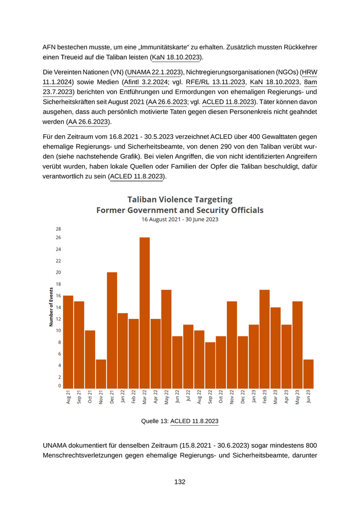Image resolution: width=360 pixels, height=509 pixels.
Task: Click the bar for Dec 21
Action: (112, 330)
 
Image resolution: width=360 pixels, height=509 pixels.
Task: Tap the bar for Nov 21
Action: (101, 374)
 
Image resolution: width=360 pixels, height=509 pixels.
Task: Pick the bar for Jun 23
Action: (309, 374)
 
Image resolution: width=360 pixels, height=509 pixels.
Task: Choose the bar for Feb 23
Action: (265, 339)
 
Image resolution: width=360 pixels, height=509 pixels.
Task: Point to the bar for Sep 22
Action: (210, 365)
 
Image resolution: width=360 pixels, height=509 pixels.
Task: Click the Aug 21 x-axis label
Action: (68, 397)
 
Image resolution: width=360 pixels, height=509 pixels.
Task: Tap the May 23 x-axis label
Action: (298, 397)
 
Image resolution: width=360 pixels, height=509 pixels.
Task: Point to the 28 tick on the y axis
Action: (58, 229)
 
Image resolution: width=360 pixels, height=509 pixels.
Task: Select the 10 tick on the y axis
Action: (58, 331)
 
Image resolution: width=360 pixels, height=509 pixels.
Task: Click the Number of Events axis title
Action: (51, 306)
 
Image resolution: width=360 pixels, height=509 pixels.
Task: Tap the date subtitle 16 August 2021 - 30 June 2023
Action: (180, 219)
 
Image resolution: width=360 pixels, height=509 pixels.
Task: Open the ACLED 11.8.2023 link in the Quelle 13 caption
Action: (194, 421)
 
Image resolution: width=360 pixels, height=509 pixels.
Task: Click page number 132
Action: (180, 482)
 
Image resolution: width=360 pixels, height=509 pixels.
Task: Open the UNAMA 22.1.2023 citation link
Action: (154, 72)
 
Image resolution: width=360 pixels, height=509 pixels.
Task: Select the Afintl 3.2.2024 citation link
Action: (146, 82)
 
